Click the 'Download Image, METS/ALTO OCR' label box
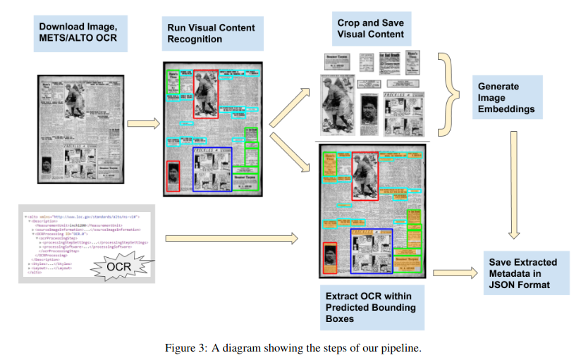(x=82, y=32)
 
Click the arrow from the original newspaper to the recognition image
(x=142, y=124)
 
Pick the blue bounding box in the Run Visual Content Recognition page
(x=212, y=169)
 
